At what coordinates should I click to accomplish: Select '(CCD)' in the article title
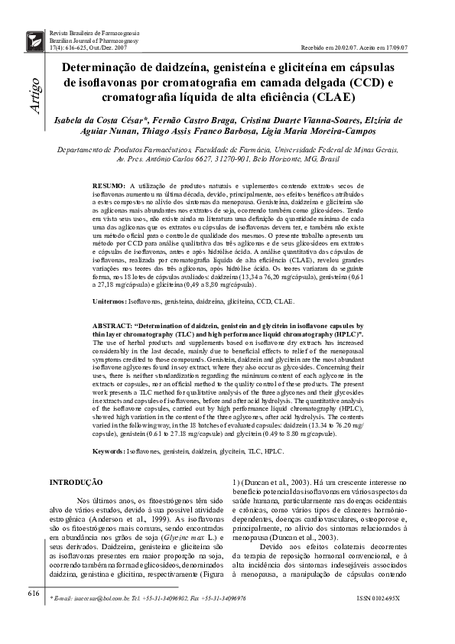pos(369,83)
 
